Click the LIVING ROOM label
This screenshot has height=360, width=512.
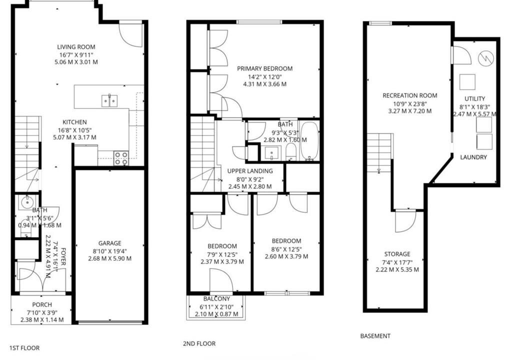76,46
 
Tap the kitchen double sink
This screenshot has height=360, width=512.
109,100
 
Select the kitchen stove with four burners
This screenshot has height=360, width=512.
121,158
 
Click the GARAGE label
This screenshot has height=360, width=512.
109,243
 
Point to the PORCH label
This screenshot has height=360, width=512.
42,305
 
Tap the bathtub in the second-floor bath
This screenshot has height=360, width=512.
309,141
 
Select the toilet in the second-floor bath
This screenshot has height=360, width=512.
290,152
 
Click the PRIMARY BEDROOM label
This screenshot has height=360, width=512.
265,68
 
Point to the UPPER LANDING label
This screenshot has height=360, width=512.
250,171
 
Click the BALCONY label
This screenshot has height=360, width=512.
216,298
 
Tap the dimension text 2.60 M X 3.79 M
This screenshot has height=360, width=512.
286,256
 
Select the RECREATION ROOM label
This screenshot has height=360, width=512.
410,95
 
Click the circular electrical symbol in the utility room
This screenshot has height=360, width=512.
485,59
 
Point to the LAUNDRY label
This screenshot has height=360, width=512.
473,157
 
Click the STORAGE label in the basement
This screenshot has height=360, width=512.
397,254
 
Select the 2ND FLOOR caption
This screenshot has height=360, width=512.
199,343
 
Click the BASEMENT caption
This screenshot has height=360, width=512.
375,336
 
